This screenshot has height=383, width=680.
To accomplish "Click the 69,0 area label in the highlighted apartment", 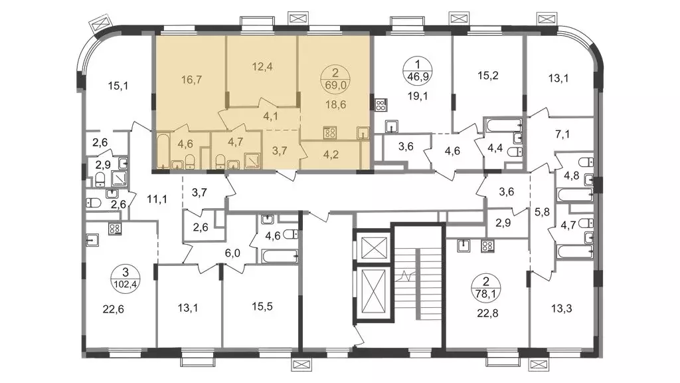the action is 335,84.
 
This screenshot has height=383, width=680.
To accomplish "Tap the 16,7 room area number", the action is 191,80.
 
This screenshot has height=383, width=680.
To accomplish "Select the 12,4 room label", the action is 262,66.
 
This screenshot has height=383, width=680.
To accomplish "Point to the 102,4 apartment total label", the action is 126,285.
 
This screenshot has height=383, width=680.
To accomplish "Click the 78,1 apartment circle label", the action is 485,293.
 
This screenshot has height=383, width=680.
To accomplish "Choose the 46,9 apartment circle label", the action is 417,77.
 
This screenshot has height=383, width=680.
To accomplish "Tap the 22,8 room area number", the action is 487,313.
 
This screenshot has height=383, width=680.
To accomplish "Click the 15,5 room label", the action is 262,306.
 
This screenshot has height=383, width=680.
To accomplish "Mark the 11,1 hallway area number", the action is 157,199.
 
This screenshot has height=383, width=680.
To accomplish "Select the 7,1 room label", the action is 562,134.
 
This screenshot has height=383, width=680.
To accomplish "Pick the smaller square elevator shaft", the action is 371,247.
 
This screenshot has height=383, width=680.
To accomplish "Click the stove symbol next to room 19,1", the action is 381,104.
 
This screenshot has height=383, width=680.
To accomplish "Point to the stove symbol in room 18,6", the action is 330,132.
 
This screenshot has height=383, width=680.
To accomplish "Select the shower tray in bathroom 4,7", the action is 252,160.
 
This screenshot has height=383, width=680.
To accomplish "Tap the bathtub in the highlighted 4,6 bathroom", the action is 163,152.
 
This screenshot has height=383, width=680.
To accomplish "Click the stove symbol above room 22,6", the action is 115,229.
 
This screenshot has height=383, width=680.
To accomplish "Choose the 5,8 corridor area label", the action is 542,212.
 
